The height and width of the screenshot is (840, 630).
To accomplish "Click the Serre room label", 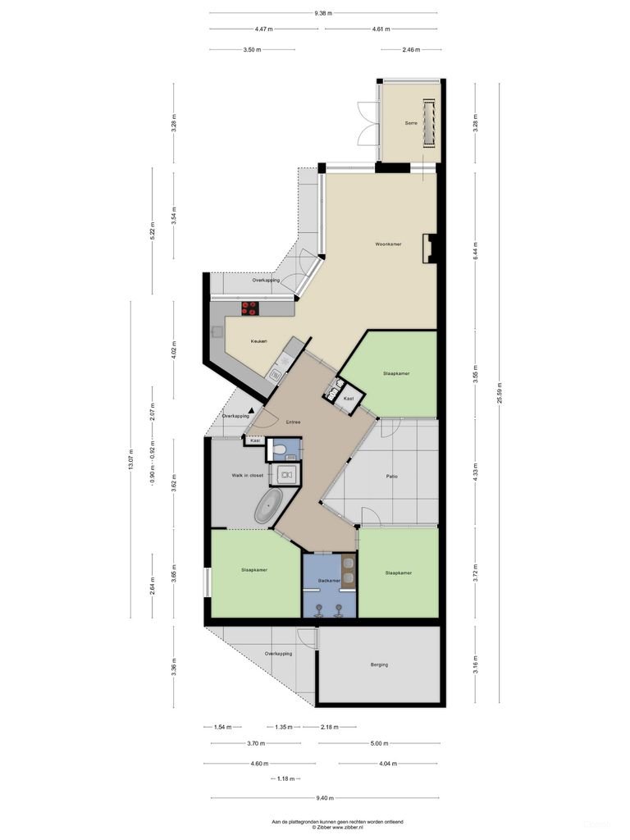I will click(x=412, y=123).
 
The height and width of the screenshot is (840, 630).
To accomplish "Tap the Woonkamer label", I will click(x=388, y=244).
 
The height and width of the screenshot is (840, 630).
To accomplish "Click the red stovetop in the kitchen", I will click(x=249, y=308).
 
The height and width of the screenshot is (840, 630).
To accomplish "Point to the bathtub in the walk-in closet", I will click(x=268, y=509).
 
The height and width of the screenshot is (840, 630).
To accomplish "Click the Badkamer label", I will click(x=329, y=581).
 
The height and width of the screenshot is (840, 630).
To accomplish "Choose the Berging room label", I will click(x=379, y=664).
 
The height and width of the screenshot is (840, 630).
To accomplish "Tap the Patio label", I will click(x=392, y=476).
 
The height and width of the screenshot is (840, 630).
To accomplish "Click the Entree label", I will click(x=293, y=422).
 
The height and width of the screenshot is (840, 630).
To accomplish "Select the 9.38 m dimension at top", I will click(x=323, y=13).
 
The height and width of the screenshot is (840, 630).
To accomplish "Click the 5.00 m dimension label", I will click(x=378, y=743).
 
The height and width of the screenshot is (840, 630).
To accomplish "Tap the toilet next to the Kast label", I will click(x=280, y=449).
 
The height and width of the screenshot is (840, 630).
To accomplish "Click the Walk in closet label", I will click(x=247, y=475).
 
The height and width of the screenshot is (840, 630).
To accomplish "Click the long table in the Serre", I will click(x=427, y=123).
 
